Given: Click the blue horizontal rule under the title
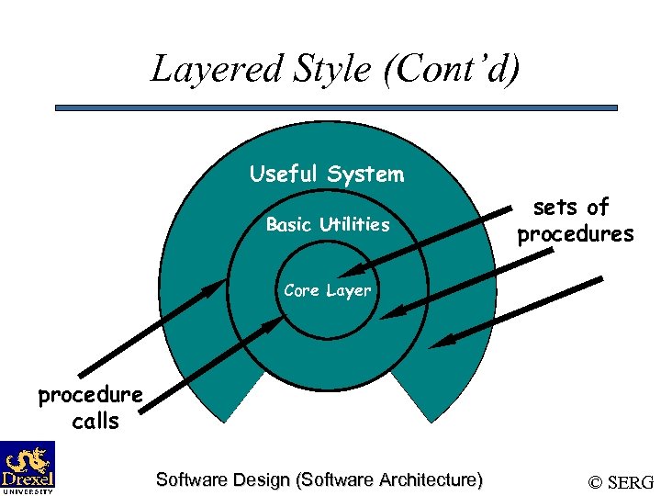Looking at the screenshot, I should click(x=336, y=107).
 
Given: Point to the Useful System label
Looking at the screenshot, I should click(x=326, y=174).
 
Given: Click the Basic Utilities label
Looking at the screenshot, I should click(x=328, y=224).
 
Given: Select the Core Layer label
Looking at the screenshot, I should click(x=327, y=290).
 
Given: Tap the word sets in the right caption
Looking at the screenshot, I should click(x=555, y=208).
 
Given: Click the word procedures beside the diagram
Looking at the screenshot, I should click(x=575, y=234).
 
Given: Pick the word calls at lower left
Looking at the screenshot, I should click(x=95, y=422).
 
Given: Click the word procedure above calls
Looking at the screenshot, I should click(x=90, y=395).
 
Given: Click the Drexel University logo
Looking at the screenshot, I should click(x=28, y=467).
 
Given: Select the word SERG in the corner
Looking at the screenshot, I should click(x=631, y=482).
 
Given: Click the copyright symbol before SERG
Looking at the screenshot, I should click(x=596, y=482).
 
